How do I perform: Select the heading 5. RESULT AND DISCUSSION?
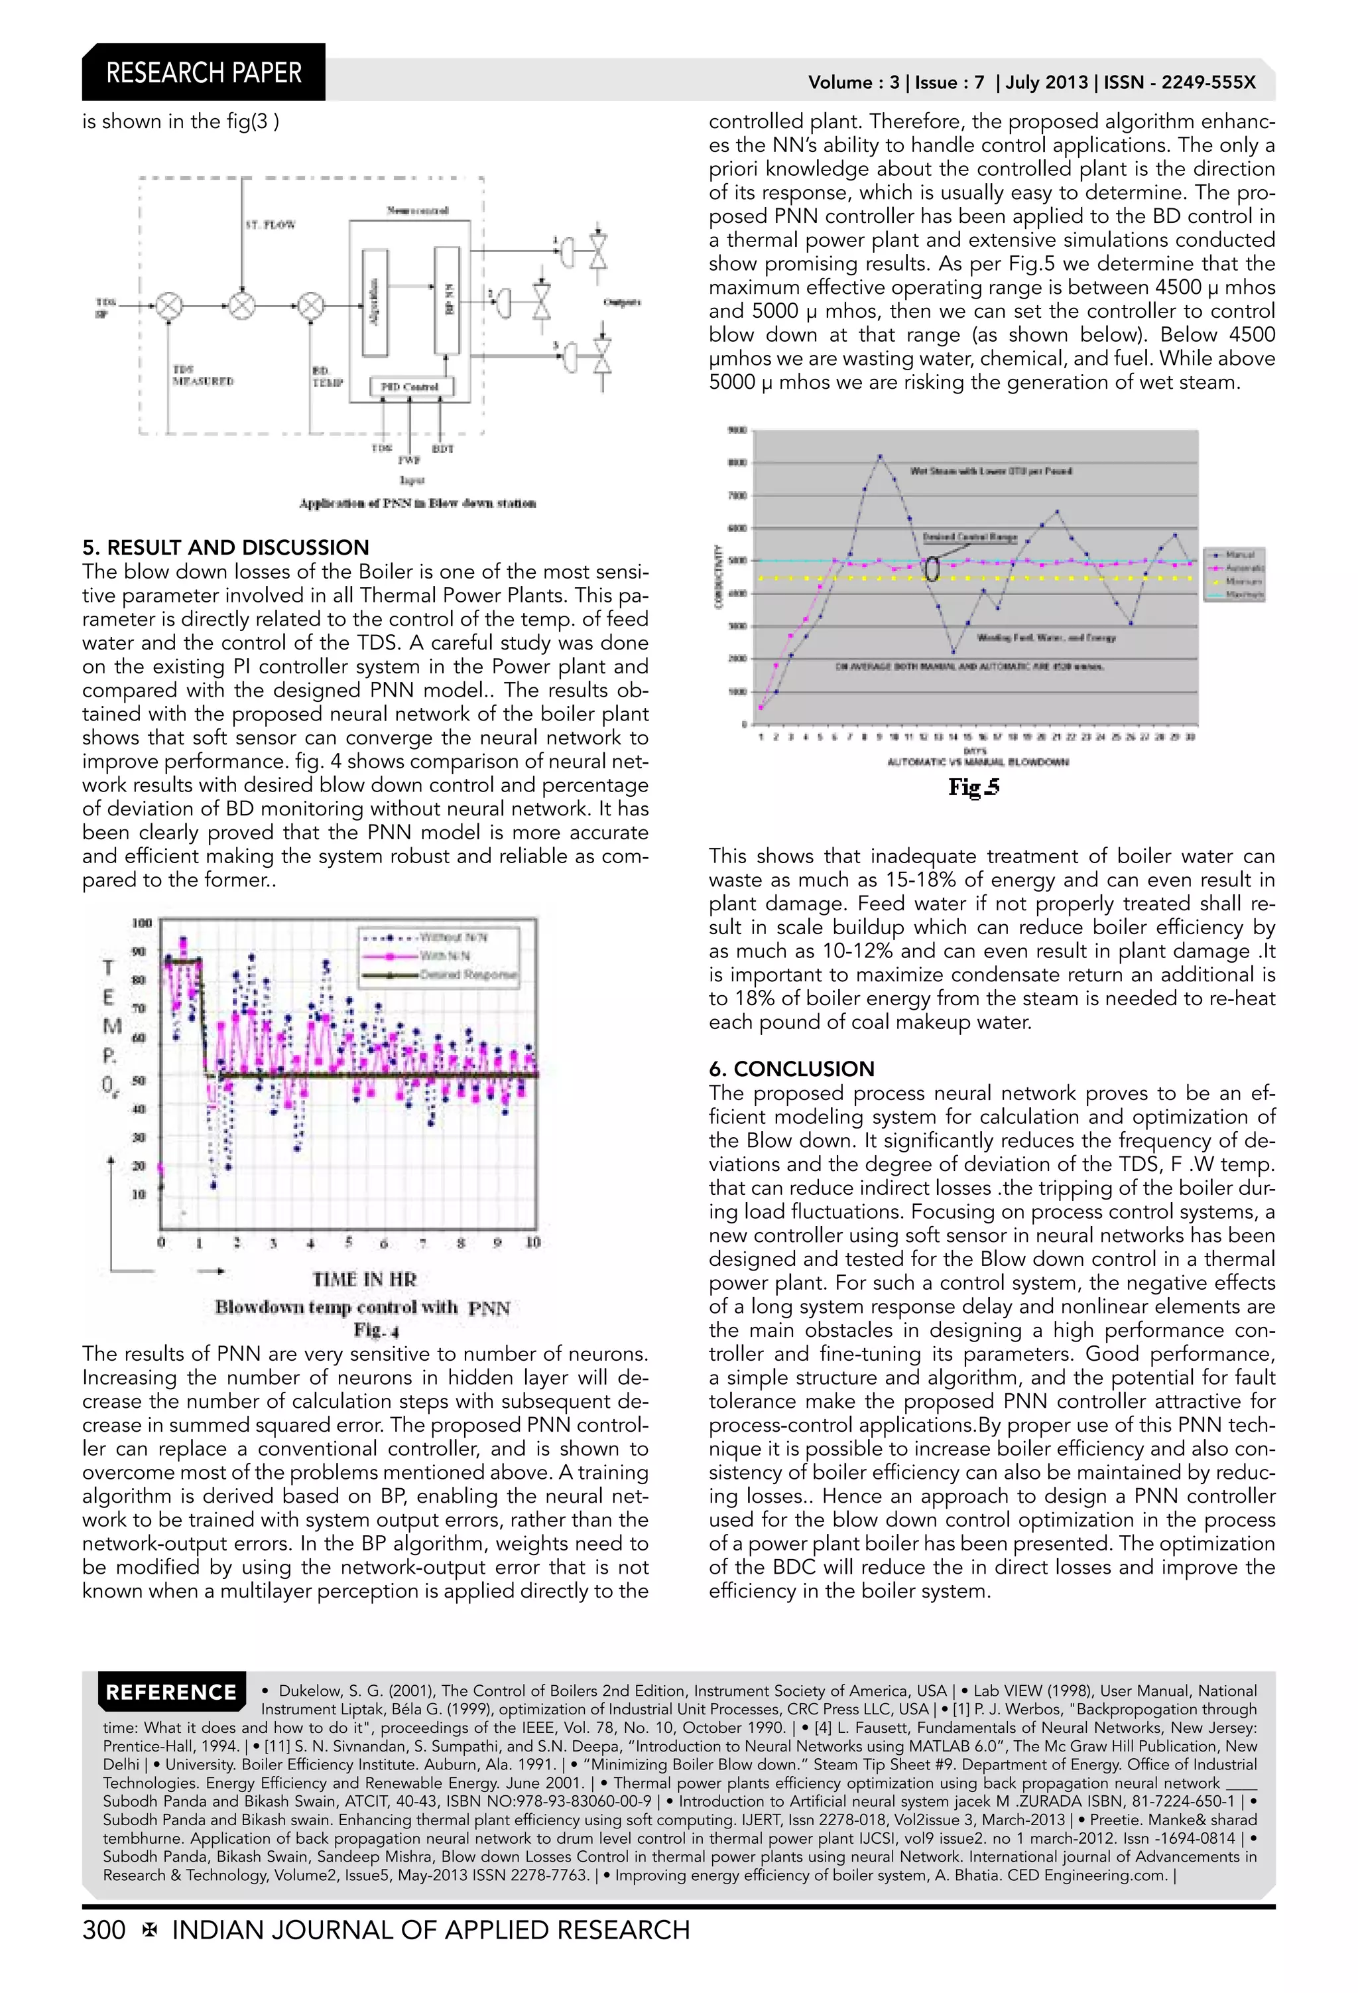point(225,547)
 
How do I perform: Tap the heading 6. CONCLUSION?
point(791,1069)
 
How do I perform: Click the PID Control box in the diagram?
point(410,387)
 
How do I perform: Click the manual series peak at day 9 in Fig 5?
point(881,457)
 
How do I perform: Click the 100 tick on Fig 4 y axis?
point(141,923)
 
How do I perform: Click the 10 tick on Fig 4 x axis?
point(532,1243)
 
